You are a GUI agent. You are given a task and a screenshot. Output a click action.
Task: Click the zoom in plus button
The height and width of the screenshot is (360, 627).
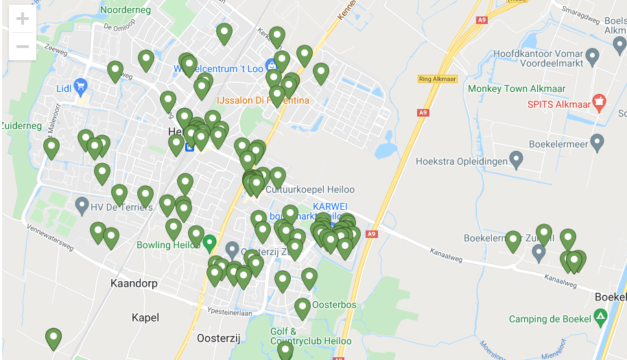(x=22, y=19)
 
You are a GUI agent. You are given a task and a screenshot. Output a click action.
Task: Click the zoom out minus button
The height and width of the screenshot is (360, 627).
(x=22, y=47)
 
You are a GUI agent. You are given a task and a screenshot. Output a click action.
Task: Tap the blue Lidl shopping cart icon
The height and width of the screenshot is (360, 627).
(x=81, y=86)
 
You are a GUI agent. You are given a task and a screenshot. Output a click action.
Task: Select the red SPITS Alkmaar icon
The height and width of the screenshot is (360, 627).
(x=598, y=103)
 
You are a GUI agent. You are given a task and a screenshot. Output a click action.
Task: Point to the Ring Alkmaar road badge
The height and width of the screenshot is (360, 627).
(x=437, y=79)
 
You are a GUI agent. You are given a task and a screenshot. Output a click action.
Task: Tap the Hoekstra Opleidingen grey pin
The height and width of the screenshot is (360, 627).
(x=517, y=160)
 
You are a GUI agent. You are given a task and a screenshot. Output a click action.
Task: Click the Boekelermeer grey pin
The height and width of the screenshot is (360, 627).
(x=597, y=143)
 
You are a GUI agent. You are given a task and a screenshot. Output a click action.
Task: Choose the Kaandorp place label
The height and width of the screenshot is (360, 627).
(x=134, y=283)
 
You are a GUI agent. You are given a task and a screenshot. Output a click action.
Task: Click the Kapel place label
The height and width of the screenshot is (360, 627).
(x=145, y=317)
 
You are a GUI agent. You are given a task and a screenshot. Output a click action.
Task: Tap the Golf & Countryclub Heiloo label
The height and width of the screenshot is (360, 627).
(x=310, y=336)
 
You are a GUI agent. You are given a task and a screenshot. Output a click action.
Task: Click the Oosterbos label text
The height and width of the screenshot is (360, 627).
(x=334, y=304)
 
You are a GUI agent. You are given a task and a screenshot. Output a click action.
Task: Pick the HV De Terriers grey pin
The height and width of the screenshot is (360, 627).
(x=82, y=204)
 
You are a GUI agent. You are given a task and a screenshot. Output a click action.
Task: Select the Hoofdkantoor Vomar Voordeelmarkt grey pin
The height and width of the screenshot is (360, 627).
(x=594, y=56)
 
